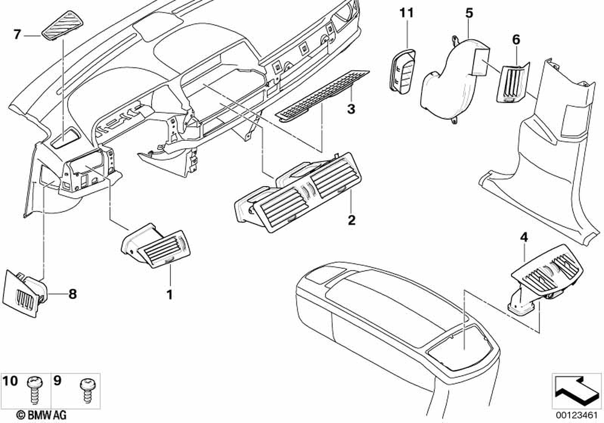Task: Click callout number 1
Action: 170,295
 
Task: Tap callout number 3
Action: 350,109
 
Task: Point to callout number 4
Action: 524,237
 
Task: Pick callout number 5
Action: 469,11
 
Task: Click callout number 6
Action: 516,39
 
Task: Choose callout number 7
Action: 17,34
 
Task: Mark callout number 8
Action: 72,294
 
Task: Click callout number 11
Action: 406,12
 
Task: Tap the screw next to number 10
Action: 33,389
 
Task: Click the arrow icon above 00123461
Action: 575,389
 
